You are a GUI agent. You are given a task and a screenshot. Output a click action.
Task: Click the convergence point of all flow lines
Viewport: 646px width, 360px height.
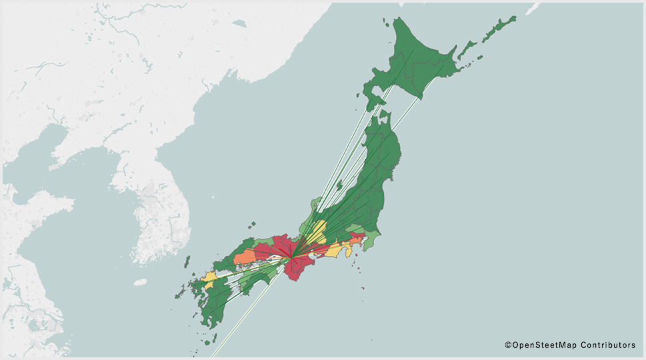click(291, 257)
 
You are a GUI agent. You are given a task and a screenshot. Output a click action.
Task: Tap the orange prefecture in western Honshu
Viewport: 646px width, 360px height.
click(244, 258)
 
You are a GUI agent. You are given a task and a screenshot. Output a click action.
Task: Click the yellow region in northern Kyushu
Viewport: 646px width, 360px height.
click(209, 277)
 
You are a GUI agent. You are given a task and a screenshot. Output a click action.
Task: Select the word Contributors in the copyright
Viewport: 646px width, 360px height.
click(607, 345)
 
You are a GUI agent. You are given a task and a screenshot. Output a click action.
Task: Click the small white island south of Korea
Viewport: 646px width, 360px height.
click(139, 283)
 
